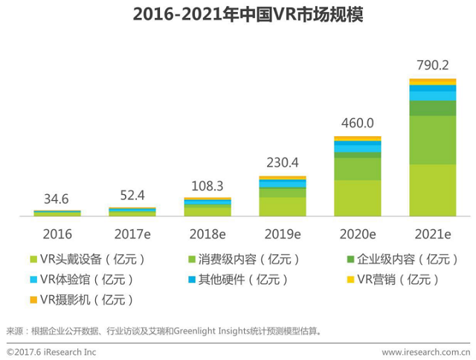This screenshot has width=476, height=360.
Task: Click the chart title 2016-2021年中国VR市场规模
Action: click(x=238, y=15)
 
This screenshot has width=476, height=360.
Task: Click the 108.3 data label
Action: click(x=208, y=185)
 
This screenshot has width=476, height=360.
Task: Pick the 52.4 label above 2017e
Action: click(x=132, y=196)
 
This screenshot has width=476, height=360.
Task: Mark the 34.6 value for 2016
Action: click(x=57, y=199)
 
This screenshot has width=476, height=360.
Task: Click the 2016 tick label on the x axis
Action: click(x=57, y=234)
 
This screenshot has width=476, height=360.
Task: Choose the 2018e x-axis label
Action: click(x=208, y=234)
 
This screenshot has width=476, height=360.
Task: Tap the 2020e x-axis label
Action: click(x=357, y=234)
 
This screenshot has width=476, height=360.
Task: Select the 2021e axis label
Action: click(x=432, y=234)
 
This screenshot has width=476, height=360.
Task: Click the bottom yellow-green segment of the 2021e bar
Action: click(x=432, y=190)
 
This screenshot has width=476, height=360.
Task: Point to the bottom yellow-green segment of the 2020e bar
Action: click(x=357, y=198)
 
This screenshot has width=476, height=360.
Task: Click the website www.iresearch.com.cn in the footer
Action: click(x=425, y=351)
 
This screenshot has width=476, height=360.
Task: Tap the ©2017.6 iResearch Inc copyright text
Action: click(x=51, y=351)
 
